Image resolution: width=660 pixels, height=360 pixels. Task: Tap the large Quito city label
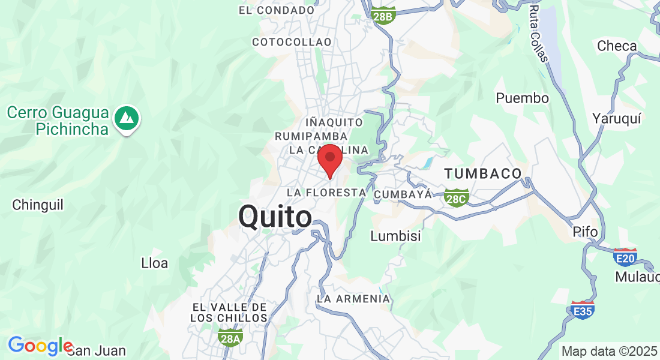[275, 217]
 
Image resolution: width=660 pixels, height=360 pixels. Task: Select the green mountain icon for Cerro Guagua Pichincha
[126, 119]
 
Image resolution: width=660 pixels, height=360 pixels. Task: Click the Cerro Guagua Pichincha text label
[58, 121]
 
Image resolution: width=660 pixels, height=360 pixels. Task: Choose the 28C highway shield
[457, 197]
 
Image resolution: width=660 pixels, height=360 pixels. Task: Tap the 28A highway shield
[230, 338]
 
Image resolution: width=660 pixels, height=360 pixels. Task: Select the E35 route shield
[583, 310]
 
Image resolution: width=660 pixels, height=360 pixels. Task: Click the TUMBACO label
[483, 174]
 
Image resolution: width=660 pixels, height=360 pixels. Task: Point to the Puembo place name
[522, 98]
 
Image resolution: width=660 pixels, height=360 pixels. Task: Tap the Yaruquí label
[617, 118]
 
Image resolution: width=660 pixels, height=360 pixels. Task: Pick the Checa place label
[617, 46]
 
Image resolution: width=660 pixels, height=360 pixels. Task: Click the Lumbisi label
[395, 236]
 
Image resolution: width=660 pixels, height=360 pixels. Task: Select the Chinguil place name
[38, 205]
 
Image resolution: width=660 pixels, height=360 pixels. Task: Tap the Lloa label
[154, 263]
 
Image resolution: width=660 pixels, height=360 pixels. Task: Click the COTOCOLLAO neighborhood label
[292, 42]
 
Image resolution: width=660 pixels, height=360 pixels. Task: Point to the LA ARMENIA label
[353, 298]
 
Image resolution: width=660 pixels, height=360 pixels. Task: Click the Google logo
[40, 346]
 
